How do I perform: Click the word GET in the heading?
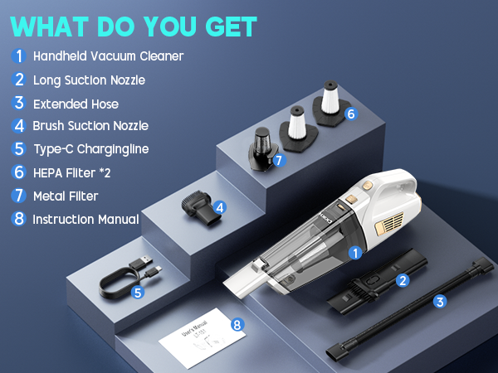tap(231, 27)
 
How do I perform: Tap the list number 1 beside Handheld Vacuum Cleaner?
tap(19, 56)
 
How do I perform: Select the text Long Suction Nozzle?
tap(90, 80)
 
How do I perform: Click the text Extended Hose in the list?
tap(76, 104)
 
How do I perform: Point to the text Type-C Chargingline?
tap(91, 149)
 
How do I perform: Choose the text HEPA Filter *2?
tap(71, 173)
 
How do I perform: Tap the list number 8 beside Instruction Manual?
tap(19, 219)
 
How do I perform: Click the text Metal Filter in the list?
tap(66, 196)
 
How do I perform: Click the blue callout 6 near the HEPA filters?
tap(351, 114)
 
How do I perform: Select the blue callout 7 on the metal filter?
tap(279, 160)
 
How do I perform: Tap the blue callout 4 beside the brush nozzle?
tap(220, 208)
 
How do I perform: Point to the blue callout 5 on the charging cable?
tap(138, 293)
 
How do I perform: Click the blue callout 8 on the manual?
tap(237, 324)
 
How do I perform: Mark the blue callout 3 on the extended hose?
tap(440, 302)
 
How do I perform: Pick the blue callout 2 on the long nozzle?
tap(403, 280)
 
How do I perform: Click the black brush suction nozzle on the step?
tap(201, 208)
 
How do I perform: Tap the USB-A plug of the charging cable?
tap(141, 263)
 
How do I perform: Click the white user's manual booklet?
tap(203, 338)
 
